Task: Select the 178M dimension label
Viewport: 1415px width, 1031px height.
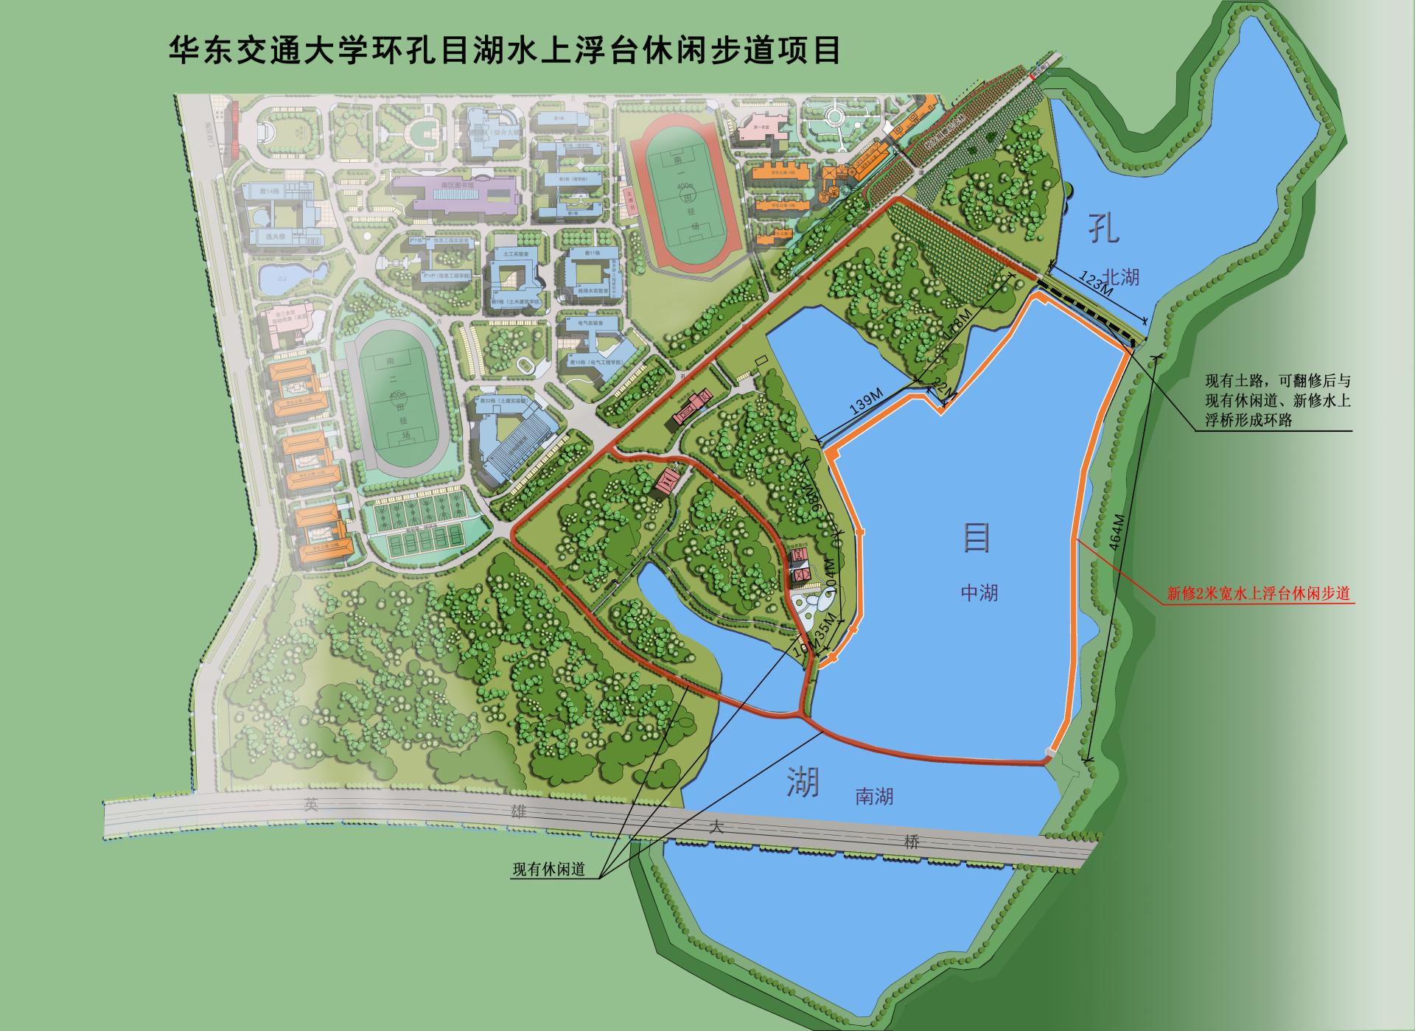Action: [958, 332]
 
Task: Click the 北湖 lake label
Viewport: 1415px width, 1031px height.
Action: [1122, 278]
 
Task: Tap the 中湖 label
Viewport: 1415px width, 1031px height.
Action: [979, 592]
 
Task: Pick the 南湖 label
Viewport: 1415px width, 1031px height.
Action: [874, 796]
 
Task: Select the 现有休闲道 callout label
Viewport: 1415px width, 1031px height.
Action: [548, 869]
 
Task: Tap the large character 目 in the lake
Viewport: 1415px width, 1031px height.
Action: [976, 537]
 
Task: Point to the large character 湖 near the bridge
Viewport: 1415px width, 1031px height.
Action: [802, 780]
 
